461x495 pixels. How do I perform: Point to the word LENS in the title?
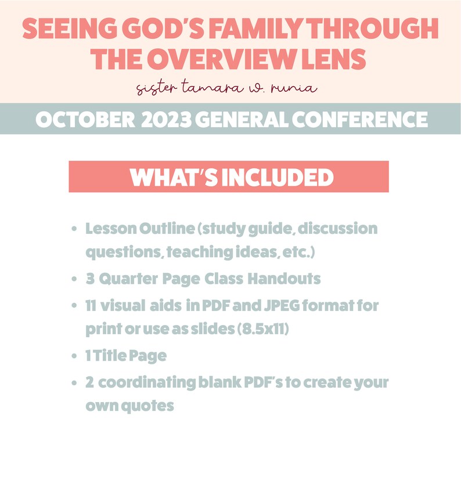pyautogui.click(x=332, y=59)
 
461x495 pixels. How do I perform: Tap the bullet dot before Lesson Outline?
pyautogui.click(x=74, y=229)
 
